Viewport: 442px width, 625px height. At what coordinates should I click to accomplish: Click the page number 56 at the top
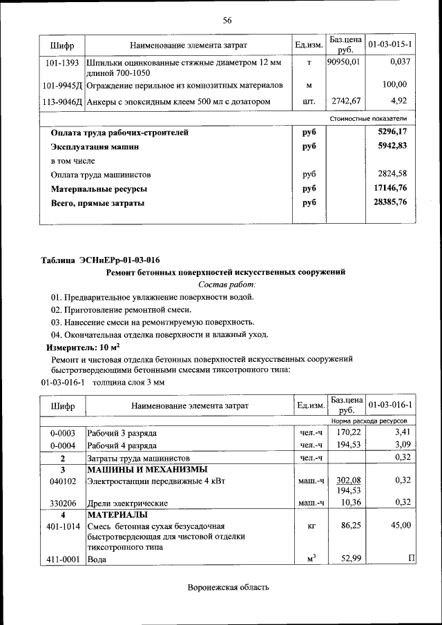(x=227, y=19)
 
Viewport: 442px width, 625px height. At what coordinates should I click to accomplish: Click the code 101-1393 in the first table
(x=62, y=63)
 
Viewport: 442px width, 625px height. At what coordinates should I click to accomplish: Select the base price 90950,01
(x=343, y=63)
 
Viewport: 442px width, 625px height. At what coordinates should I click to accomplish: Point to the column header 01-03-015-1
(x=390, y=45)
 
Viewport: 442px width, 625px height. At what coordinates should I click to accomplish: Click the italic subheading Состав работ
(x=227, y=284)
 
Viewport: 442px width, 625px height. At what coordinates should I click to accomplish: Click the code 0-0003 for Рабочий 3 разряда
(x=62, y=433)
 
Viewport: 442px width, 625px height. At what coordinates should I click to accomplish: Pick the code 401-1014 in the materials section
(x=62, y=526)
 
